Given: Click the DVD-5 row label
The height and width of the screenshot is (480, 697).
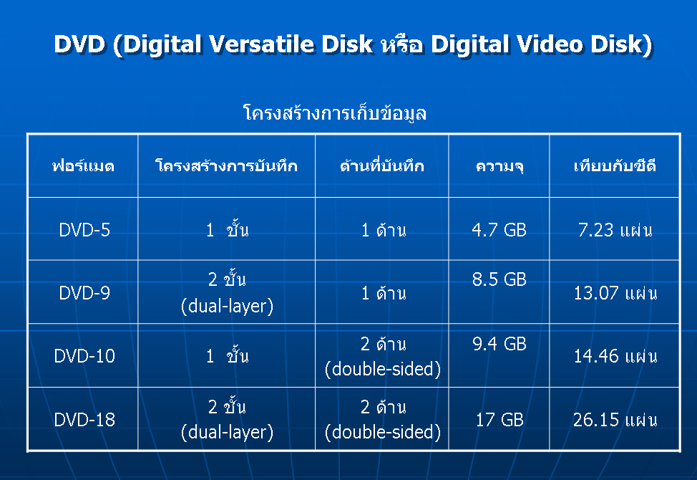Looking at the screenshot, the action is (x=84, y=230).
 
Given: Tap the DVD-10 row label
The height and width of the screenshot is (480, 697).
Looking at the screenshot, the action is (x=84, y=356).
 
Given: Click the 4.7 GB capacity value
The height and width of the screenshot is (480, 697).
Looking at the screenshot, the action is (x=499, y=230).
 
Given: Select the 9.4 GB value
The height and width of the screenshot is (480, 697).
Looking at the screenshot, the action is (x=499, y=344).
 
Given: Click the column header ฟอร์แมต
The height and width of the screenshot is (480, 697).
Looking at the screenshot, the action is (x=83, y=166).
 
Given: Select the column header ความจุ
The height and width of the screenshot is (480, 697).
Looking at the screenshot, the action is (x=499, y=166).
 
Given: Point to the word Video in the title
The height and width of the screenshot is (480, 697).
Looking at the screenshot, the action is (x=550, y=44).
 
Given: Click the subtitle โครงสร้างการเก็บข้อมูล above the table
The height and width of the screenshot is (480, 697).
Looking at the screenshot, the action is (x=335, y=113).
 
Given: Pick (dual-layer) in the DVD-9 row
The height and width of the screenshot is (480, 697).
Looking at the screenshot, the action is (x=227, y=306).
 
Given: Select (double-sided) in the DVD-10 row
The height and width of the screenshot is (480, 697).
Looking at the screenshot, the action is (x=383, y=369).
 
